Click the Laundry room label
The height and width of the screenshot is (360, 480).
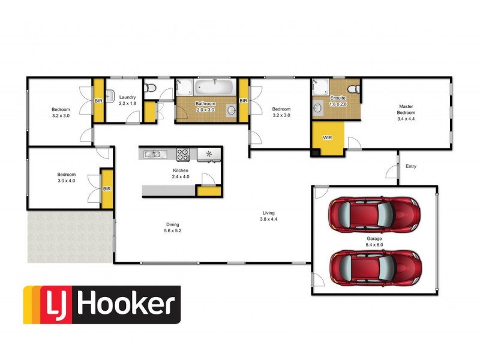(x=127, y=100)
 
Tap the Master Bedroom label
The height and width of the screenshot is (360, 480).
(x=406, y=112)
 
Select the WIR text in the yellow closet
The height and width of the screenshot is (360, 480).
(x=327, y=138)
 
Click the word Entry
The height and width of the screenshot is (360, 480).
(x=411, y=166)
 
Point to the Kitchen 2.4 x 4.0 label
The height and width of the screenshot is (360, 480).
(x=181, y=173)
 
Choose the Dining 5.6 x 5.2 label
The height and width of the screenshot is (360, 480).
(x=172, y=227)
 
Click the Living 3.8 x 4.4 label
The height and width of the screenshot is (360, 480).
(x=268, y=216)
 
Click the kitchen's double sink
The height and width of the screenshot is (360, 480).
(x=152, y=155)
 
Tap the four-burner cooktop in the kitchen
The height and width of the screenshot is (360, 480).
(x=183, y=154)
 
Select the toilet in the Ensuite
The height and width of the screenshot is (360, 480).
(x=355, y=88)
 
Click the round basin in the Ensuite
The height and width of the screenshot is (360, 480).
(x=318, y=108)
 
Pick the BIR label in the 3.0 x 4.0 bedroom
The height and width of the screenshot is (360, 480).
(x=107, y=188)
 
